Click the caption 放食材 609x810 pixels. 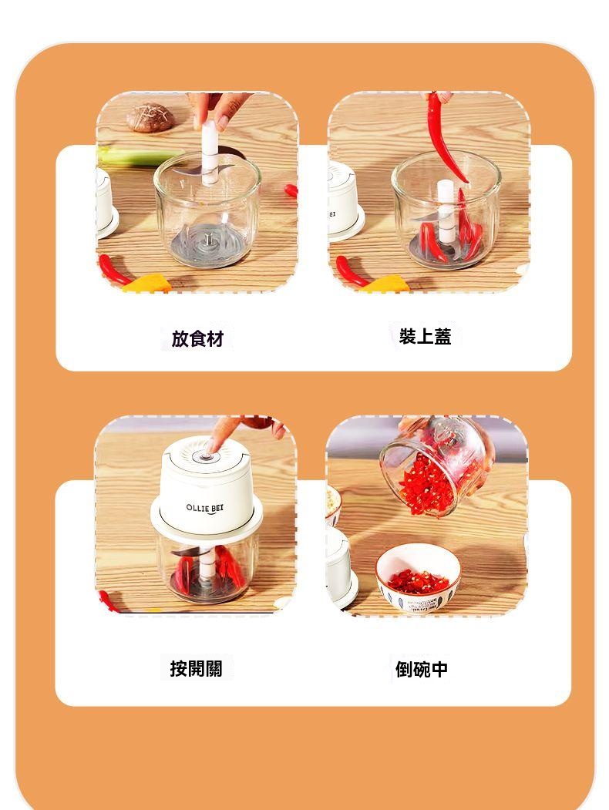(x=197, y=339)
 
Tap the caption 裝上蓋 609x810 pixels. (x=425, y=336)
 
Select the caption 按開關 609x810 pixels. (x=197, y=668)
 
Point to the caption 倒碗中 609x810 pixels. (x=422, y=669)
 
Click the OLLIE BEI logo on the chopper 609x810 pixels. (x=205, y=509)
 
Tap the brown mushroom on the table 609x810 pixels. (x=150, y=118)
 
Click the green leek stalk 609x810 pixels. (x=140, y=156)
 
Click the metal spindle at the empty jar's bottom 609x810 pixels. (x=207, y=240)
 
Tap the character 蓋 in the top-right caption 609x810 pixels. (x=442, y=336)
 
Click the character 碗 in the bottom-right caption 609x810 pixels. (x=422, y=669)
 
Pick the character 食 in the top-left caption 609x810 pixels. (x=197, y=339)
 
